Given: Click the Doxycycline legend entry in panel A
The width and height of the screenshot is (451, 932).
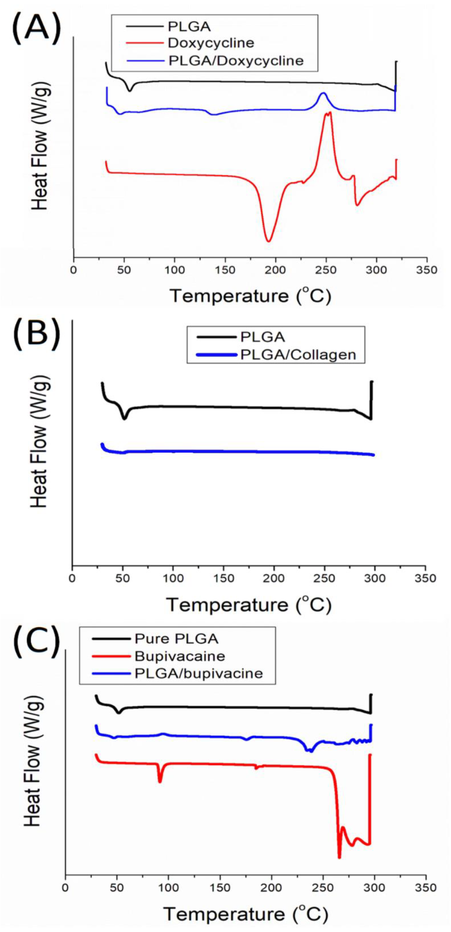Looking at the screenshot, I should (x=211, y=43).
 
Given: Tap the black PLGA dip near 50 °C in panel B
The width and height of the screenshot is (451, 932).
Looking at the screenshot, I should (x=125, y=419).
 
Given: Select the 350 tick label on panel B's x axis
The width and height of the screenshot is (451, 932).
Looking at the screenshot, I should (x=425, y=578).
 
